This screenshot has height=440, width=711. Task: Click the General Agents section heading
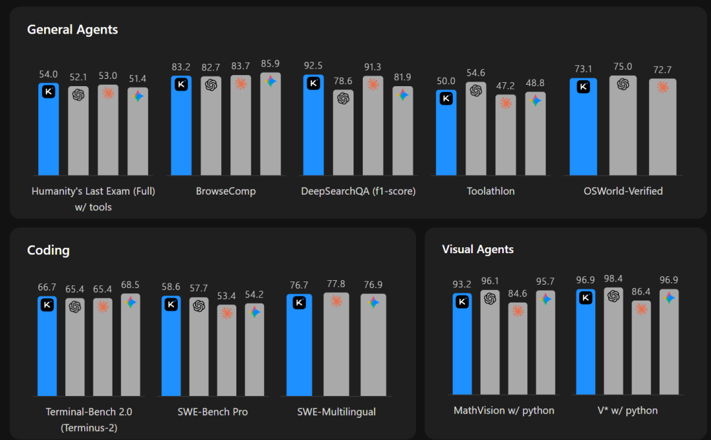tap(72, 30)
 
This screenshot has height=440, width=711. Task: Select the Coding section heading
tap(48, 250)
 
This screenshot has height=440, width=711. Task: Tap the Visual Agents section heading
tap(477, 249)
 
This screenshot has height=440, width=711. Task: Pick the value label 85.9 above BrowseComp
tap(270, 64)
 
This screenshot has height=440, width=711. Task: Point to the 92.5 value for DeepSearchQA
tap(313, 66)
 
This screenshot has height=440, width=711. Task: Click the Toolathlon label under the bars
tap(490, 191)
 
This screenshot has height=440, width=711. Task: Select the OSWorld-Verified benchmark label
tap(623, 191)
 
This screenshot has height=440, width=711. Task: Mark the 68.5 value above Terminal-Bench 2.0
tap(130, 285)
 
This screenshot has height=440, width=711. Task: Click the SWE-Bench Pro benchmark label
tap(213, 412)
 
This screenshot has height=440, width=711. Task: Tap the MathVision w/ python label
tap(504, 410)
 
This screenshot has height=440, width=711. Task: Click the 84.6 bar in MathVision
tap(518, 352)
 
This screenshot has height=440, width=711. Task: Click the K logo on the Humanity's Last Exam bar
tap(48, 92)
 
